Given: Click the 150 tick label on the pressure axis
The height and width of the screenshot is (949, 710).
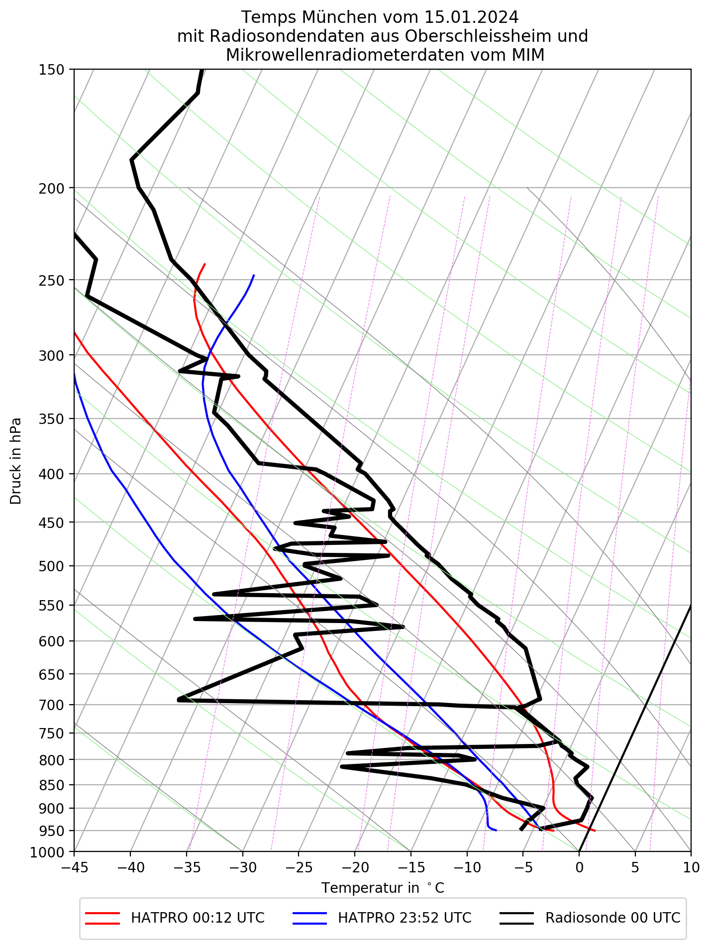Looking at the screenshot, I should tap(51, 70).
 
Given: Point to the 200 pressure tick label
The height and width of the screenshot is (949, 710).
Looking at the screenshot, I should tap(51, 188).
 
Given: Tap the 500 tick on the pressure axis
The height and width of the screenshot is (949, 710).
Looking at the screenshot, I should tap(51, 566).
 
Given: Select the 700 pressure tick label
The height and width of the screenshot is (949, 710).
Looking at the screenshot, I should tap(51, 705).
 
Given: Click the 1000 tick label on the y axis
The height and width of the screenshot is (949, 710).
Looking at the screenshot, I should tap(48, 853).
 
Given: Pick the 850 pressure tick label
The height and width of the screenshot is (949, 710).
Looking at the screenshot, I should tap(51, 785).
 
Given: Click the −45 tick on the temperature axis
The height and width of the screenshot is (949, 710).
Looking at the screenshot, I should tap(74, 868).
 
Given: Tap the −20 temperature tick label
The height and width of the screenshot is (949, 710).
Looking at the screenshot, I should tap(355, 868).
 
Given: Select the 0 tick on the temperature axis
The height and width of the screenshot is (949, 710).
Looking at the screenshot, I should tap(579, 868).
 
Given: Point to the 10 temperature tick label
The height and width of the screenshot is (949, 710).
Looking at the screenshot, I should tap(691, 868).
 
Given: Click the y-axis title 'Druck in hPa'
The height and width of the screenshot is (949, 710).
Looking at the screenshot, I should tap(16, 460).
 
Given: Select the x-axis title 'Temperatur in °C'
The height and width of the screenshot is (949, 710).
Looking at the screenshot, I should tap(383, 888).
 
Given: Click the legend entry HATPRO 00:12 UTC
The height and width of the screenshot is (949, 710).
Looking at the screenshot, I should tap(198, 918).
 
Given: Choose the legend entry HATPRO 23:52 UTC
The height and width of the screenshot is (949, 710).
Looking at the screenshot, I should tap(405, 918).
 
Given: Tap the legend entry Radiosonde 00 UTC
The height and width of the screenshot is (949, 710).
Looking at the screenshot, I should tap(612, 918).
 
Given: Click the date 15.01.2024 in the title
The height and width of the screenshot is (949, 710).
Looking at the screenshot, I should tap(472, 17).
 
